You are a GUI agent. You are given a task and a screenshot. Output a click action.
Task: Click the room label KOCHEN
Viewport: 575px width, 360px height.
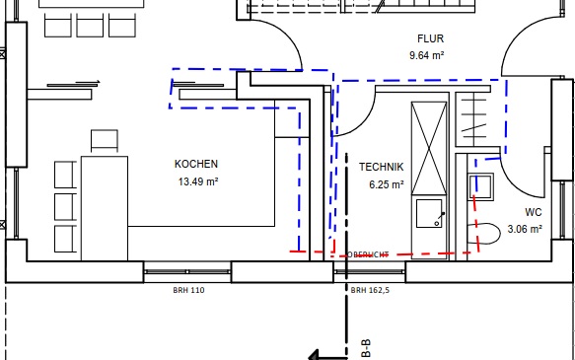[196, 164]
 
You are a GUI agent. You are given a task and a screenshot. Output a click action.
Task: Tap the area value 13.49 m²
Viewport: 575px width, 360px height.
[198, 181]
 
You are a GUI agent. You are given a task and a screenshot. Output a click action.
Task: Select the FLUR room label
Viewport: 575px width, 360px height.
[431, 38]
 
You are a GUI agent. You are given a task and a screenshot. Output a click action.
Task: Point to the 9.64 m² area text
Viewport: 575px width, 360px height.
[427, 55]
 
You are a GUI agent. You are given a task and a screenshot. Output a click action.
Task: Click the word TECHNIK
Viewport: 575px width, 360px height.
[382, 167]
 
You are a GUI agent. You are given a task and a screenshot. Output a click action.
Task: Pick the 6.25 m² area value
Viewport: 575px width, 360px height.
[387, 184]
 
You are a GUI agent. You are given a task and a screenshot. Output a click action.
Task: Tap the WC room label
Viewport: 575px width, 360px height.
[534, 212]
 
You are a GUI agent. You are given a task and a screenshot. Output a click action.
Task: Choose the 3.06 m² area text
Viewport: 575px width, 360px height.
[525, 229]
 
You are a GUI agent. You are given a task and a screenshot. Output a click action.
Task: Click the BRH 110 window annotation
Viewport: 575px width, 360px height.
[188, 290]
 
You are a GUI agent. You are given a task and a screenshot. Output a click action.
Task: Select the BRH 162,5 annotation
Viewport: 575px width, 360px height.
[370, 290]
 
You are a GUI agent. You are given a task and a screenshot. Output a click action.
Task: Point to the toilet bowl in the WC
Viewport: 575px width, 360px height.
[484, 234]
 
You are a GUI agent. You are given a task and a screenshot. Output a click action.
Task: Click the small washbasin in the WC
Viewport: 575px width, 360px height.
[481, 186]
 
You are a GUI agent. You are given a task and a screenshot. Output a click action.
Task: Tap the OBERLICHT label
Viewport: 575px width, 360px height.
[368, 254]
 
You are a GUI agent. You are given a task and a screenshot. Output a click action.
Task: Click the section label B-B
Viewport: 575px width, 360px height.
[366, 348]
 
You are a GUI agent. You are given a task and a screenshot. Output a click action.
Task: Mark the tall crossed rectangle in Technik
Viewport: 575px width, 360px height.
[429, 148]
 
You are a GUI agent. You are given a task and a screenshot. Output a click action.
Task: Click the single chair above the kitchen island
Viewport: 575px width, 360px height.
[105, 140]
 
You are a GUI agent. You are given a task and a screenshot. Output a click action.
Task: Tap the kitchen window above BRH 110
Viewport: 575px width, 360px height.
[187, 271]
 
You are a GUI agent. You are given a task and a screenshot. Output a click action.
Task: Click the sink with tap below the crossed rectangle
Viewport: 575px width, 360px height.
[429, 214]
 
